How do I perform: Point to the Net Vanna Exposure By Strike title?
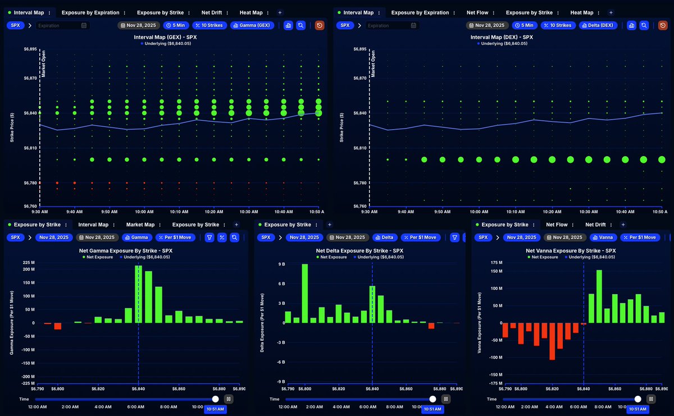coord(571,250)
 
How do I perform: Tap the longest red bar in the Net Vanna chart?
coord(552,341)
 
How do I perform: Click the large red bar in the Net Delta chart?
coord(431,326)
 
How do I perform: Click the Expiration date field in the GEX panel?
coord(61,25)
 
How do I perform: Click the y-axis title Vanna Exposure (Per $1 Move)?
coord(479,322)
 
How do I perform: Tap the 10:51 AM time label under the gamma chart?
coord(213,409)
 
